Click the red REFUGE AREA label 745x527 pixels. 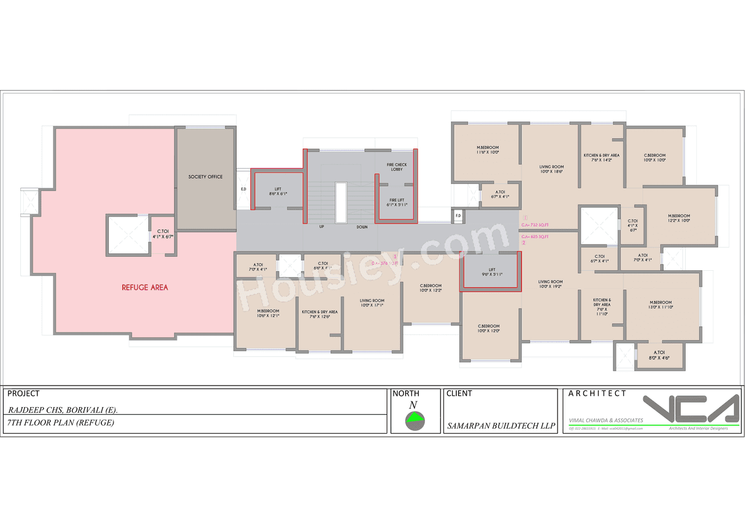tap(145, 287)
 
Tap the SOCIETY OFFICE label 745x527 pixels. tap(205, 176)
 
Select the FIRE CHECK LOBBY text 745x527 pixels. tap(397, 167)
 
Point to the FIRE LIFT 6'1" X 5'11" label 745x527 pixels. tap(397, 202)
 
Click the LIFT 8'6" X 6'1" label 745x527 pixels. tap(278, 192)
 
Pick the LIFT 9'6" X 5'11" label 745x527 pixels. tap(492, 272)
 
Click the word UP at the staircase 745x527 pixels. tap(321, 227)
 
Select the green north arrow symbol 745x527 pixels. tap(415, 417)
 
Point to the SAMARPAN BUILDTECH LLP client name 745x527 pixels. tap(501, 426)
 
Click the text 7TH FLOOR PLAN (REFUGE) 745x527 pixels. tap(61, 423)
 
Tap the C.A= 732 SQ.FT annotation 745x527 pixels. tap(535, 224)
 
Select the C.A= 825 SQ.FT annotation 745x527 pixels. tap(535, 236)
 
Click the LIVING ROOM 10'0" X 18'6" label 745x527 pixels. tap(551, 169)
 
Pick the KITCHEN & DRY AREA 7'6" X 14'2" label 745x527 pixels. tap(602, 158)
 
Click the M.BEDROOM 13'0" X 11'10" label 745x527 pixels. tap(661, 305)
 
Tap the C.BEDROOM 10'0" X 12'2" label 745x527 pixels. tap(431, 288)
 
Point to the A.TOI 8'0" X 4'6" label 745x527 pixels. tap(659, 355)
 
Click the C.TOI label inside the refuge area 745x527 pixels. tap(162, 234)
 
